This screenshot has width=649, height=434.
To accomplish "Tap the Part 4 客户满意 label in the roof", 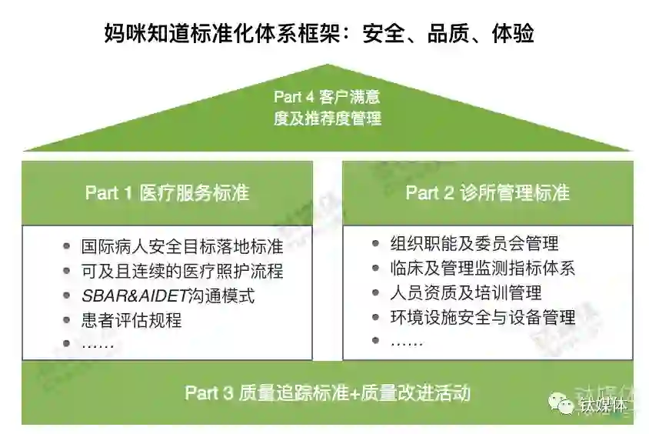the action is coord(327,98).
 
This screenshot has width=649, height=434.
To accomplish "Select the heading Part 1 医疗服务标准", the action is coord(167,192).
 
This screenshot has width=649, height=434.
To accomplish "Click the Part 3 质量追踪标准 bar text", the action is coord(327,393).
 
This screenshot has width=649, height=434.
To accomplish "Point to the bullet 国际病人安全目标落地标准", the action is coord(182,247).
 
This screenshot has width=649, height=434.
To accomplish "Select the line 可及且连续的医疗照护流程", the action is coord(182,271).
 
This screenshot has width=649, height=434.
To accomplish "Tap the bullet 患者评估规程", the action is coord(131,320).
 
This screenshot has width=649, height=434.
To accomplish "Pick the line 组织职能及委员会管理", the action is coord(474,244).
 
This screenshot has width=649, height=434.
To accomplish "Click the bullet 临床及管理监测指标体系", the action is coord(483,268).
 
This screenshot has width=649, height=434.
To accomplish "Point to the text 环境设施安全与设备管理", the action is coord(483,317).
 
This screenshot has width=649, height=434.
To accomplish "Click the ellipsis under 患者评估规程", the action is coord(98,344).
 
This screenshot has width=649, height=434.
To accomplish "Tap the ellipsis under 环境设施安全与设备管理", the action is coord(407,341).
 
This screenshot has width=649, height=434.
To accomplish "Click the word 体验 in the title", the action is coord(513,35).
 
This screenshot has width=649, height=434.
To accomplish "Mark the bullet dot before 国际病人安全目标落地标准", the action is coord(68,247).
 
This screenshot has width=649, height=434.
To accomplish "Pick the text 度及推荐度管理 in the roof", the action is coord(327,119).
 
